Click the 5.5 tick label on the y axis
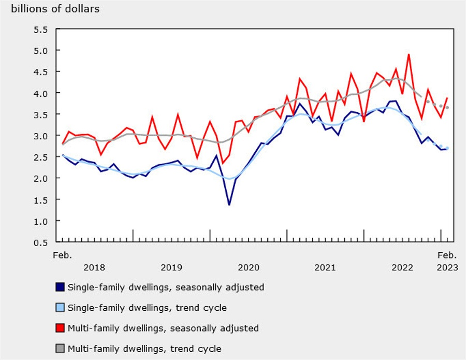tap(41, 30)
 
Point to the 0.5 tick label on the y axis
tap(41, 242)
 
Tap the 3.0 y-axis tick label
tap(41, 136)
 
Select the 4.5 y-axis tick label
tap(41, 72)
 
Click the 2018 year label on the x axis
tap(94, 267)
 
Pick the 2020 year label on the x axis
tap(248, 267)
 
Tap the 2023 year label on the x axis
tap(447, 267)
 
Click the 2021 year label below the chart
tap(325, 267)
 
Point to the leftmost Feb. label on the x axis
tap(62, 255)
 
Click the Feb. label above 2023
tap(447, 255)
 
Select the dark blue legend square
tap(60, 287)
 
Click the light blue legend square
tap(60, 308)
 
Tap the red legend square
tap(60, 328)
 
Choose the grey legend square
tap(60, 349)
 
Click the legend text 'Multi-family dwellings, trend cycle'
tap(144, 349)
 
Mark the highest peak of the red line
tap(409, 54)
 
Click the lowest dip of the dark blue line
tap(229, 205)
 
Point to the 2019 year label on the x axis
tap(171, 267)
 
